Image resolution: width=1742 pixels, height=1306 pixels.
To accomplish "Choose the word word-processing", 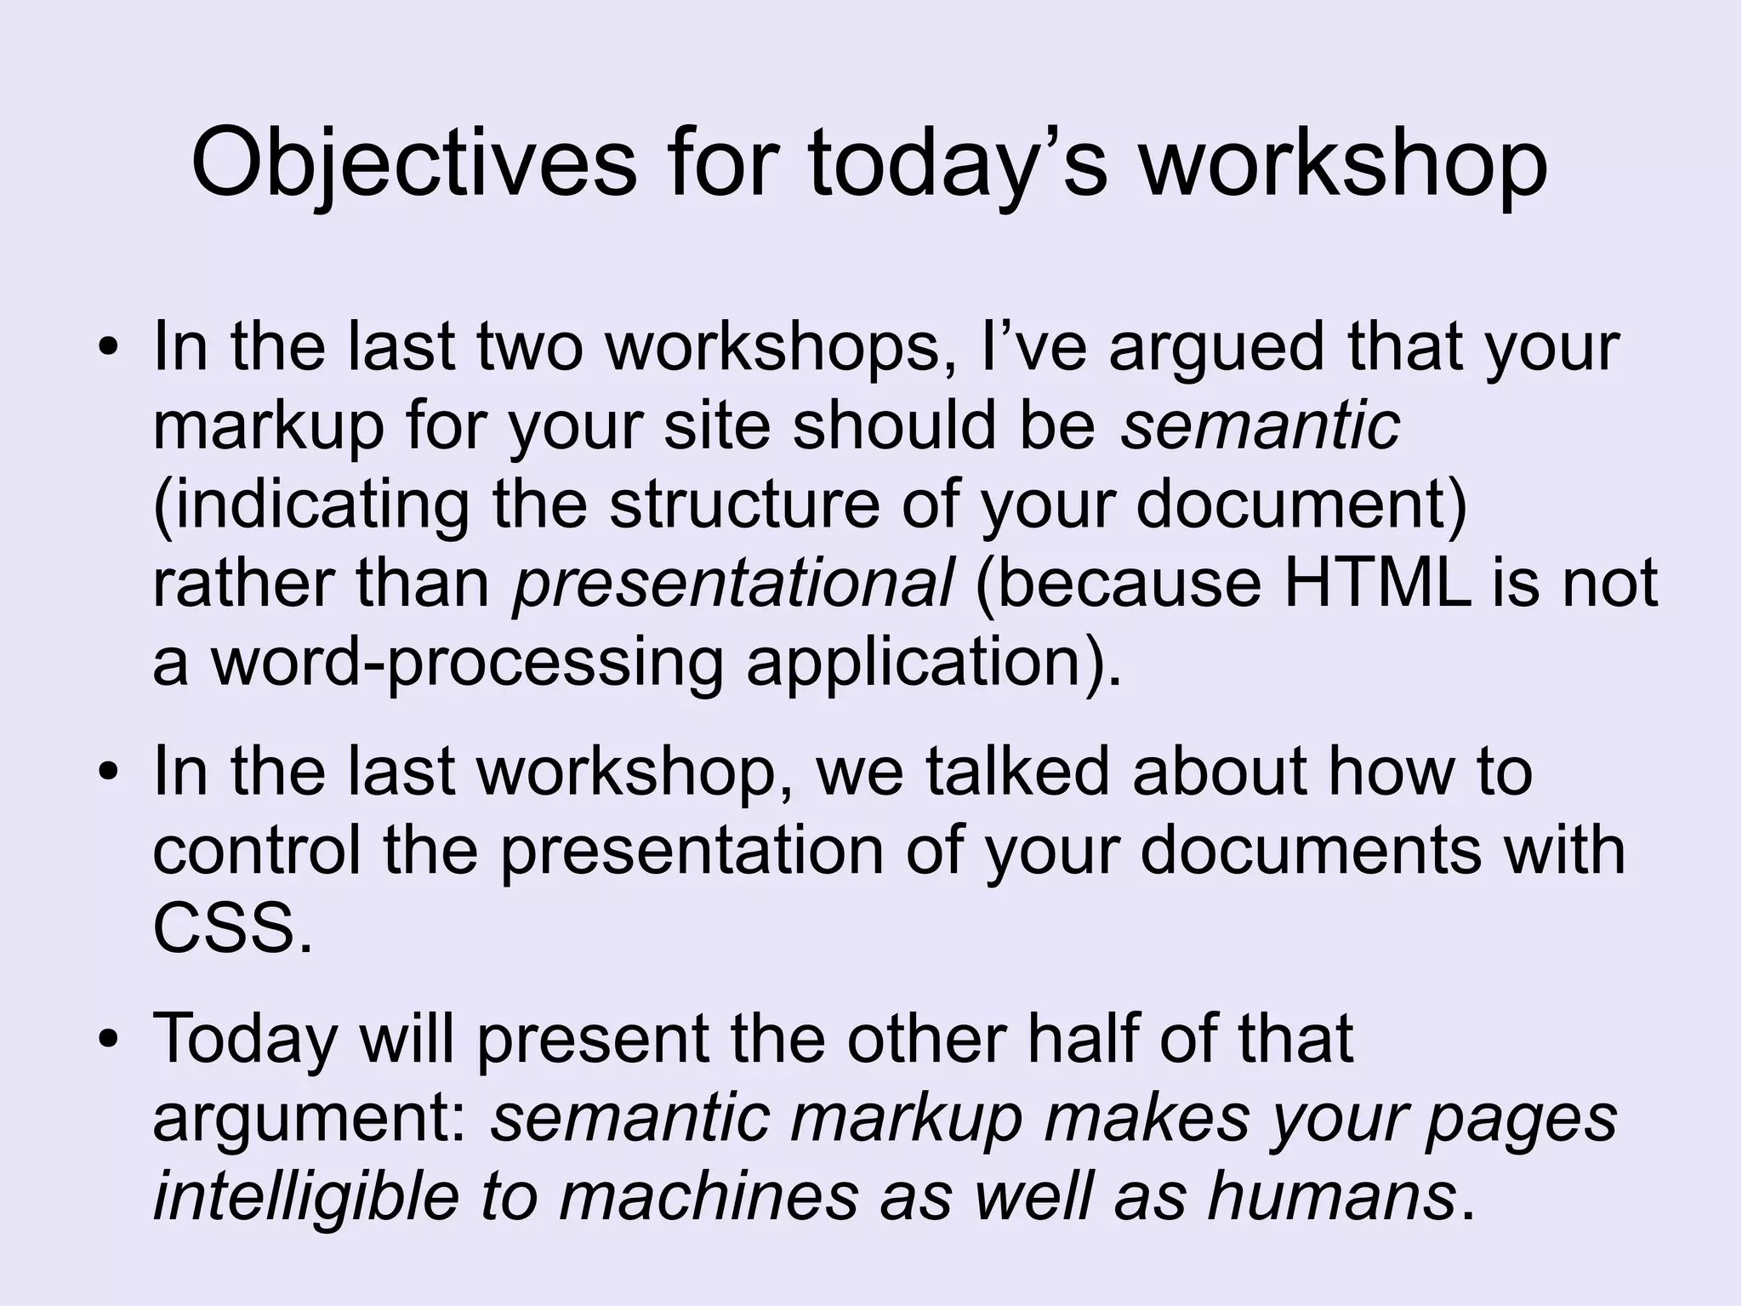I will [x=467, y=663].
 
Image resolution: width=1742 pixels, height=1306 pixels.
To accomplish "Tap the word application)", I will [x=934, y=663].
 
